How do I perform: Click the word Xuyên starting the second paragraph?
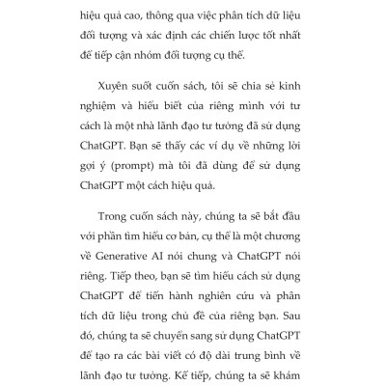coord(119,101)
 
